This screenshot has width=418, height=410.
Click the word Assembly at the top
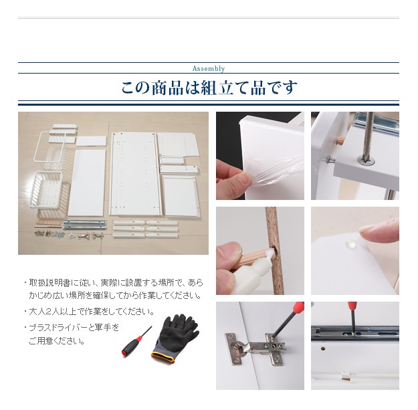tap(209, 68)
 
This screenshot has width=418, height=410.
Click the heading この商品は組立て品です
tap(209, 88)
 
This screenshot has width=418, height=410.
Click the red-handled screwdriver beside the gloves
tap(136, 342)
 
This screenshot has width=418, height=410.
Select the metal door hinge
tap(256, 348)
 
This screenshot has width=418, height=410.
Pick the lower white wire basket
tap(46, 189)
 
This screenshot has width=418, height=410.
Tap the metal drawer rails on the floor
tap(85, 225)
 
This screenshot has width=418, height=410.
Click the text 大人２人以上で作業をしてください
tap(92, 312)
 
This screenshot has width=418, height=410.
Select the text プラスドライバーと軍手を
tap(74, 328)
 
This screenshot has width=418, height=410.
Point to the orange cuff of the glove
tap(163, 357)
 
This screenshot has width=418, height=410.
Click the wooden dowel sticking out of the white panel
tap(339, 140)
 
